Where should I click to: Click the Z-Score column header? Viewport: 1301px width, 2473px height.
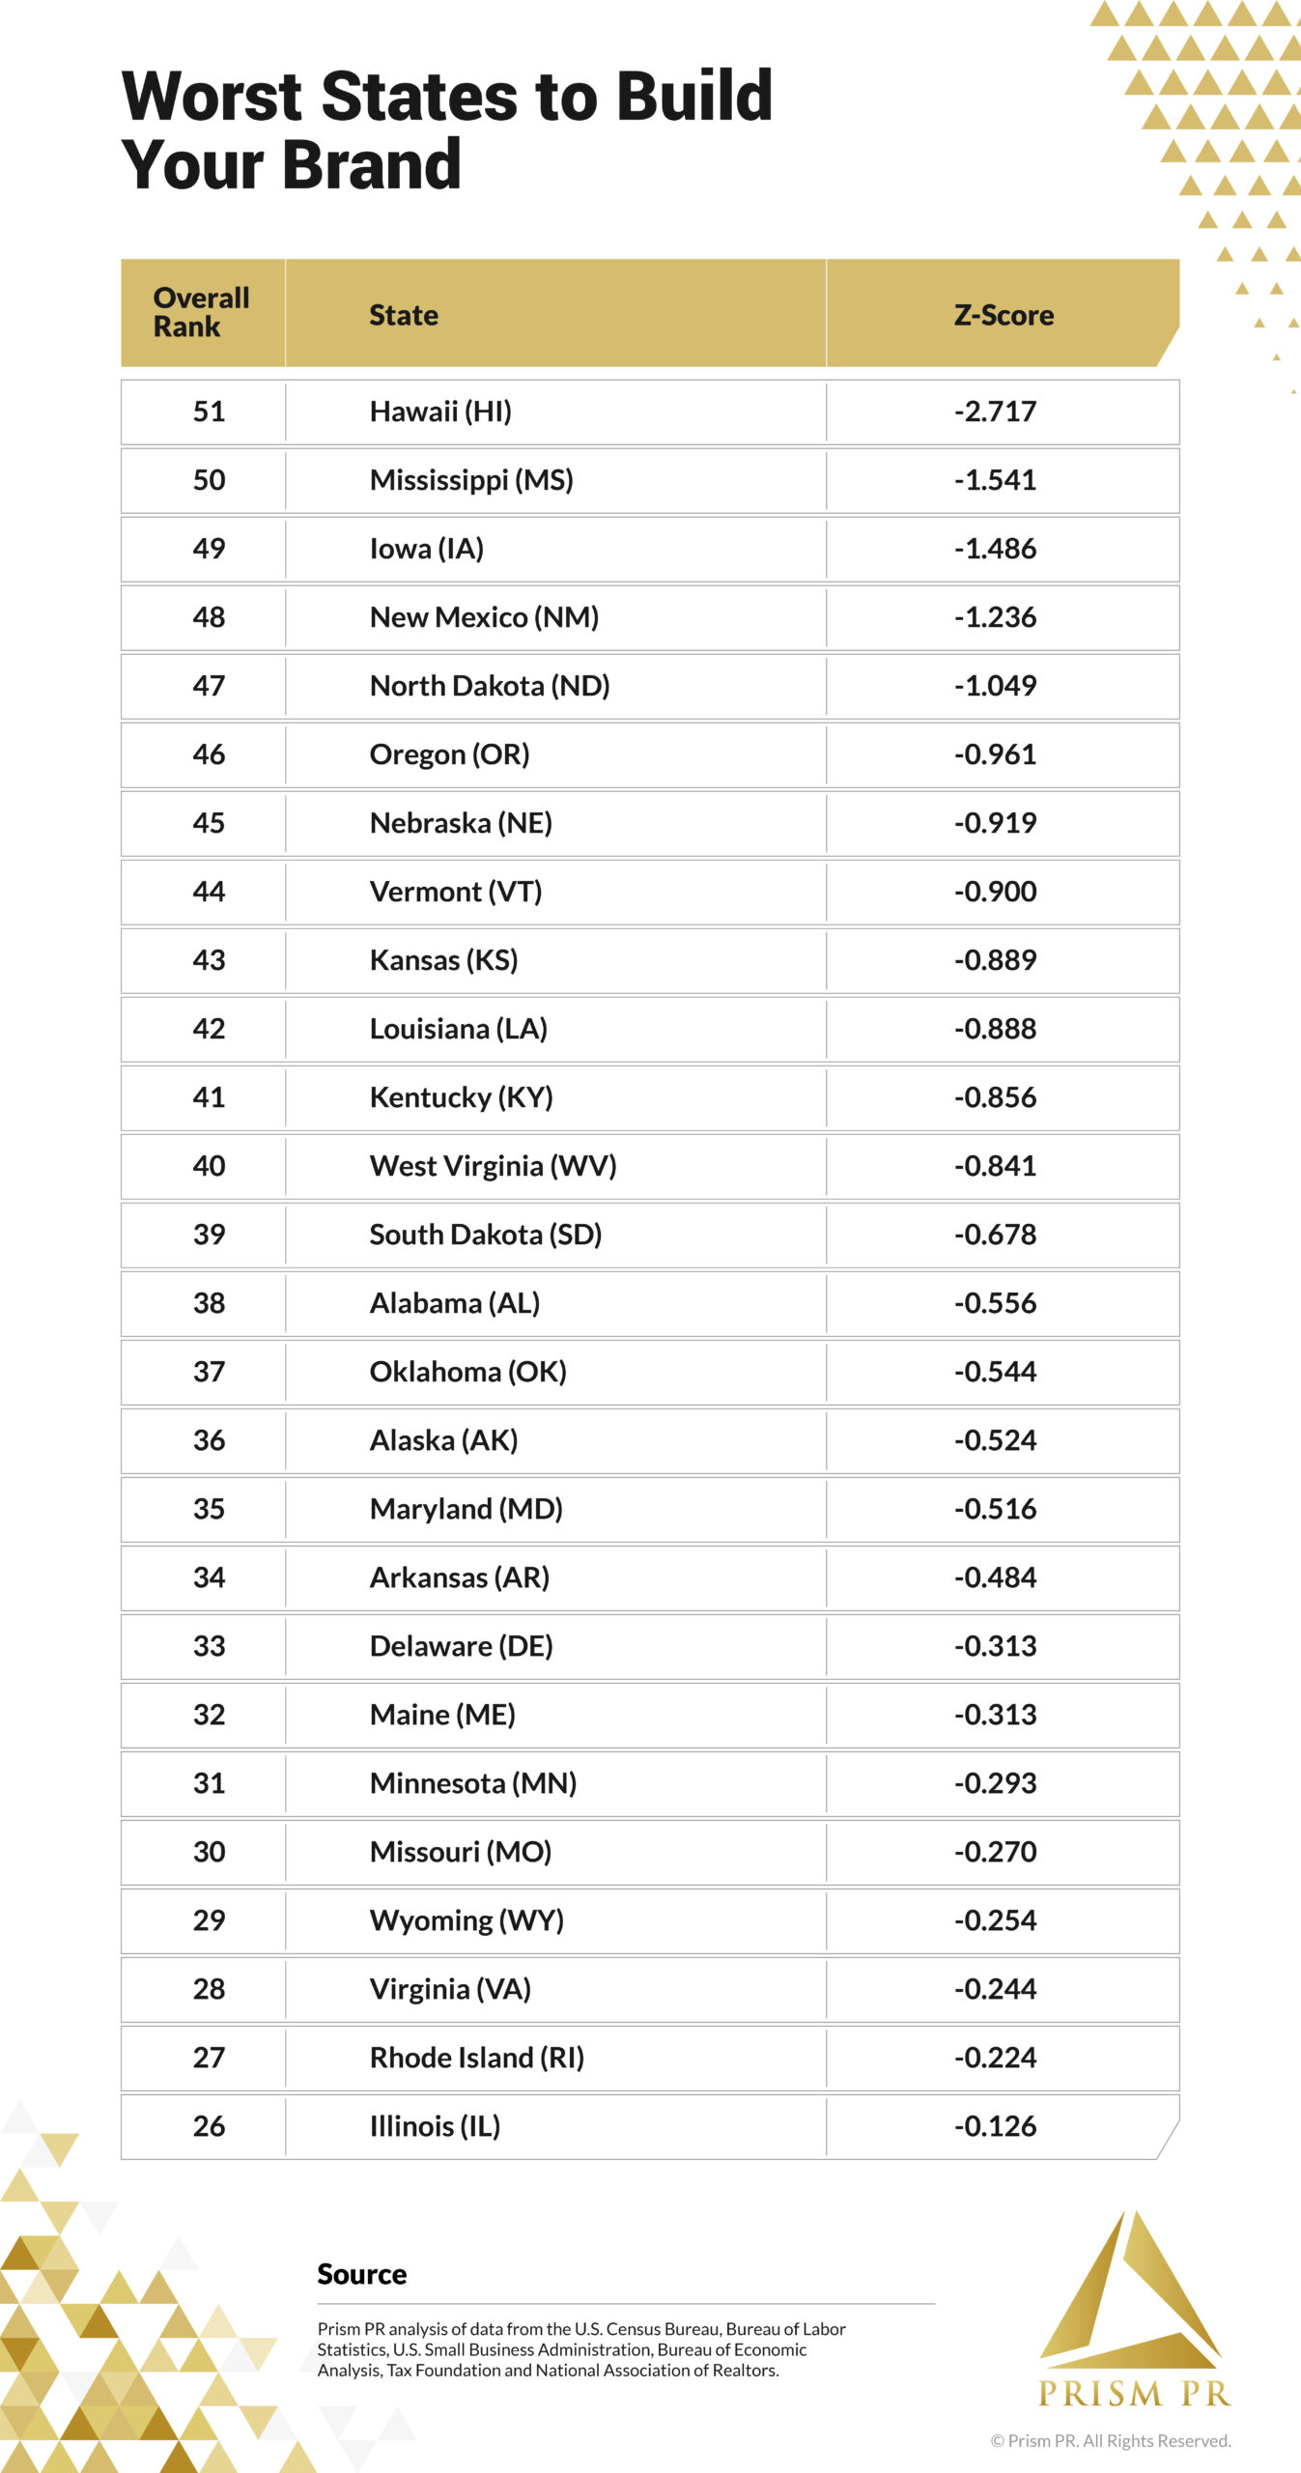click(x=1003, y=315)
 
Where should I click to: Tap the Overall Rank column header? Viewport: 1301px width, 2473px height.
click(x=201, y=312)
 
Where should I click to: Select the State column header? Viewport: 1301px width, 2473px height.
click(x=404, y=315)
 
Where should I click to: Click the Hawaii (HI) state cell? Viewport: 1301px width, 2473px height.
click(x=440, y=412)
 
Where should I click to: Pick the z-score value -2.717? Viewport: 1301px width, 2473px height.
click(x=995, y=412)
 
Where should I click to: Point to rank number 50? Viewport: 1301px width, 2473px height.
click(x=209, y=480)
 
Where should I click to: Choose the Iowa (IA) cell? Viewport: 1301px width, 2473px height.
click(x=426, y=549)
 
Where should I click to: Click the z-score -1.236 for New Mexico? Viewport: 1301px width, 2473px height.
click(x=995, y=617)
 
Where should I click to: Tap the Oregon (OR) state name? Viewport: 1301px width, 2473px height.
click(x=449, y=754)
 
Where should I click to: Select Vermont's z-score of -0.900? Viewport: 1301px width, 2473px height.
click(x=995, y=892)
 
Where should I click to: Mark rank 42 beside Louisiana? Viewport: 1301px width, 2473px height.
click(x=209, y=1029)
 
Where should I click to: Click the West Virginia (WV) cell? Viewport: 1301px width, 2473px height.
click(x=493, y=1166)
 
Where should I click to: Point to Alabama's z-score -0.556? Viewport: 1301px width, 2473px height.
click(x=995, y=1303)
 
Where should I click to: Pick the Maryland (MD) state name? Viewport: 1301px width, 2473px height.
click(x=466, y=1509)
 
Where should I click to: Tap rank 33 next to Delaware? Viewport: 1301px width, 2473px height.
click(x=209, y=1646)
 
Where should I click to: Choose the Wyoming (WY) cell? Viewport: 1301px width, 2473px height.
click(x=467, y=1920)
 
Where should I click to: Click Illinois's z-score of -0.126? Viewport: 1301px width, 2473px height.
click(x=995, y=2126)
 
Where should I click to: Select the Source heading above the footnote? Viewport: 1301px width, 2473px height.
click(x=362, y=2274)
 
